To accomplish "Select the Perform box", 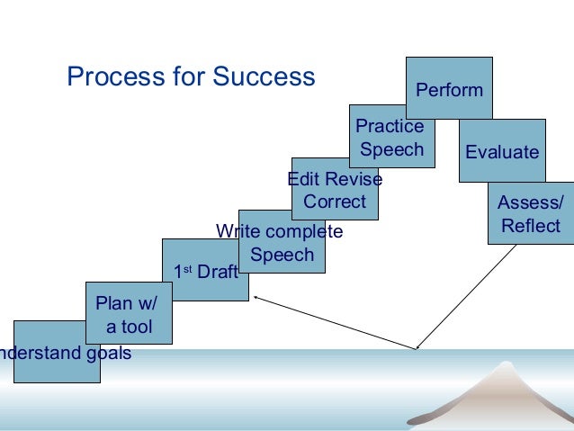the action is pyautogui.click(x=449, y=87).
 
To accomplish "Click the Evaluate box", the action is pyautogui.click(x=502, y=151).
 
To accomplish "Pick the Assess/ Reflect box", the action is pyautogui.click(x=530, y=214).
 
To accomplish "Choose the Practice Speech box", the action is pyautogui.click(x=391, y=137).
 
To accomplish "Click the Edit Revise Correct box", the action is pyautogui.click(x=335, y=190).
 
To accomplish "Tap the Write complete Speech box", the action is pyautogui.click(x=282, y=242).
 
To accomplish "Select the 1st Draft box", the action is pyautogui.click(x=205, y=270).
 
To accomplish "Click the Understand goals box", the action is pyautogui.click(x=57, y=352).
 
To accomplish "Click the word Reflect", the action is pyautogui.click(x=531, y=226).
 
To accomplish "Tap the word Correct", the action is pyautogui.click(x=335, y=202).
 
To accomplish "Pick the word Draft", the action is pyautogui.click(x=217, y=271).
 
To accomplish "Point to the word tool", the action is pyautogui.click(x=136, y=327).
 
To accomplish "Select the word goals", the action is pyautogui.click(x=108, y=353).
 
